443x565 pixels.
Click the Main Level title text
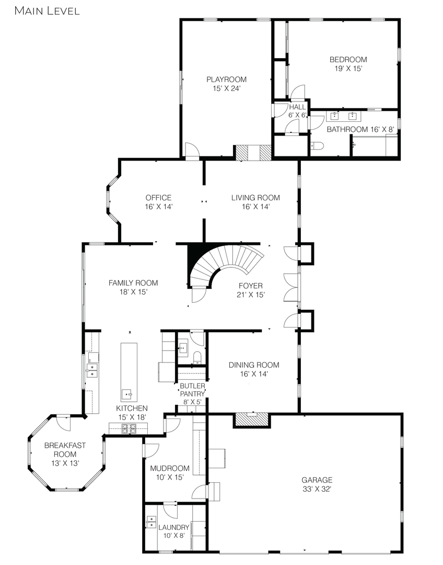pos(47,11)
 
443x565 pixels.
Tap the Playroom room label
pos(226,80)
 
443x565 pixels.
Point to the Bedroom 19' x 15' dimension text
pos(348,69)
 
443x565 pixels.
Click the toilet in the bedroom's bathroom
pos(317,145)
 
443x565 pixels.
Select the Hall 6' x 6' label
pos(297,111)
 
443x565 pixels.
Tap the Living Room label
pos(255,197)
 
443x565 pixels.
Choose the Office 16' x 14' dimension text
pos(159,207)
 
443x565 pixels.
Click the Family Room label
pos(133,283)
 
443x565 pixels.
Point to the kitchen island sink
pos(127,394)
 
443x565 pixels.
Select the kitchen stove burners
pos(129,429)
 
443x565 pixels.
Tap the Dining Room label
pos(254,365)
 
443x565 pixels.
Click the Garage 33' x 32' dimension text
pos(317,489)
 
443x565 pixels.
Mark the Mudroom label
pos(170,468)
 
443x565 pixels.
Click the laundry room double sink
pos(151,522)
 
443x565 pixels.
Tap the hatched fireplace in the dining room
pos(252,420)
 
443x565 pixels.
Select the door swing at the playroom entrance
pos(191,150)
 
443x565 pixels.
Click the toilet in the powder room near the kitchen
pos(197,357)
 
